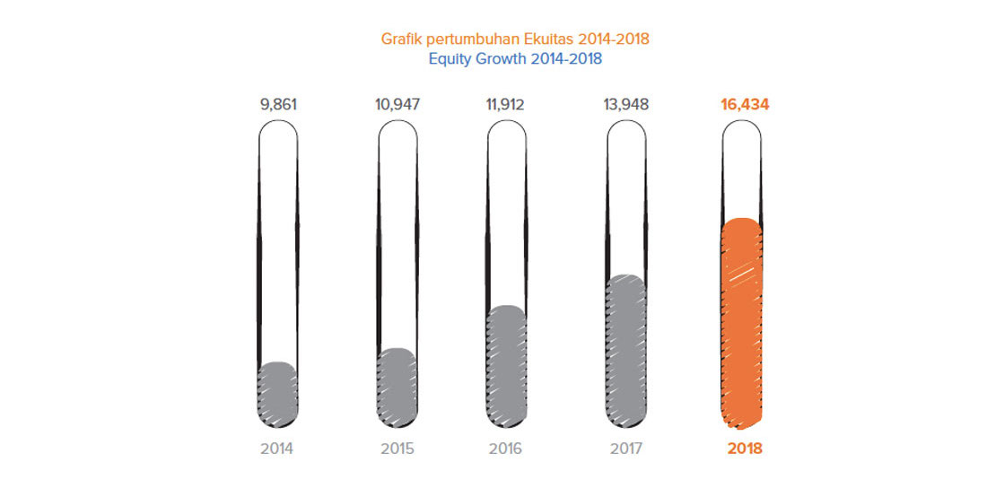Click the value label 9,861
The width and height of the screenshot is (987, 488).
click(278, 104)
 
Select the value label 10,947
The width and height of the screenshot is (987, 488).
click(397, 104)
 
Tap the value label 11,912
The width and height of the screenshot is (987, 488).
click(506, 104)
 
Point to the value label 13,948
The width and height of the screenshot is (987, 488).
click(625, 104)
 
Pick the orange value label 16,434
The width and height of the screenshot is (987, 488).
click(744, 104)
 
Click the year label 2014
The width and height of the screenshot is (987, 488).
click(278, 449)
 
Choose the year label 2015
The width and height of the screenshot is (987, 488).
click(397, 449)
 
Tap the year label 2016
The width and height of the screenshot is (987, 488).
click(506, 449)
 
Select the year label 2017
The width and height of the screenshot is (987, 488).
click(625, 449)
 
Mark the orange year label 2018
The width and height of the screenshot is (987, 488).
click(744, 449)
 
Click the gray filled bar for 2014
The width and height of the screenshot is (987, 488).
click(278, 395)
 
